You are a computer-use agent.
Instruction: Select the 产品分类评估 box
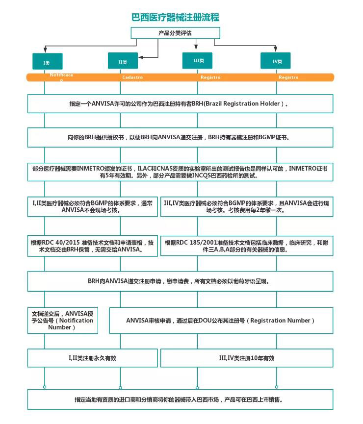click(175, 33)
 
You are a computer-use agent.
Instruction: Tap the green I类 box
click(47, 62)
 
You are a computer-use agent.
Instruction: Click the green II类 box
click(123, 61)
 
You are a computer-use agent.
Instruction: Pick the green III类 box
click(198, 60)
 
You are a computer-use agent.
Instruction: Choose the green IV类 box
click(276, 61)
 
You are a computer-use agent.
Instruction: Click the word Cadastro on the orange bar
click(132, 77)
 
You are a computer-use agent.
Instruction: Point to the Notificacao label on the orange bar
click(61, 76)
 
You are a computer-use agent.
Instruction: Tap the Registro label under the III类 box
click(210, 77)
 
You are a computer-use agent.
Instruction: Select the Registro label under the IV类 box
click(288, 77)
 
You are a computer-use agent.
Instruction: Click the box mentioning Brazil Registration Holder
click(180, 104)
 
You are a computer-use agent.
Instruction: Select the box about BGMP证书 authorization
click(180, 138)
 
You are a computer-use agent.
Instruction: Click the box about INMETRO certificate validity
click(180, 172)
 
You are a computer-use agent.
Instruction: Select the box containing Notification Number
click(62, 320)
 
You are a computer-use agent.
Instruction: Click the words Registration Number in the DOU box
click(281, 321)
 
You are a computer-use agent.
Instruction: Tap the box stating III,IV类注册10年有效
click(247, 358)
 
